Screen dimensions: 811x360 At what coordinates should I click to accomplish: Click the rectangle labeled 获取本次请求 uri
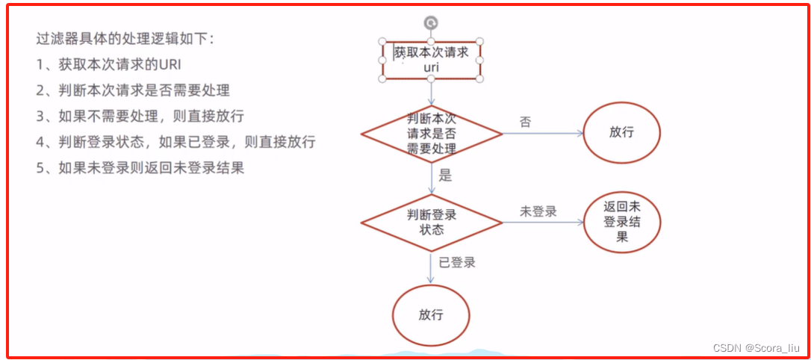pyautogui.click(x=431, y=60)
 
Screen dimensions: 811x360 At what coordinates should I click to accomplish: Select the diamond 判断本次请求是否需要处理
pyautogui.click(x=432, y=134)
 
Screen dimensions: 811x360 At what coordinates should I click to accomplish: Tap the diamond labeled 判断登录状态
pyautogui.click(x=432, y=222)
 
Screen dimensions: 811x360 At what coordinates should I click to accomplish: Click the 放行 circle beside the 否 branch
pyautogui.click(x=621, y=132)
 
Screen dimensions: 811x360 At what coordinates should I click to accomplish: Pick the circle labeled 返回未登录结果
pyautogui.click(x=622, y=222)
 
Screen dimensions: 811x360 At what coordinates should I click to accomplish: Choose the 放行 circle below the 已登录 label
pyautogui.click(x=431, y=314)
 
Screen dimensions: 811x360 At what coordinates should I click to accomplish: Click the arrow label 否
pyautogui.click(x=526, y=122)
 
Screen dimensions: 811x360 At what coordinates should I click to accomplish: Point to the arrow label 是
pyautogui.click(x=446, y=176)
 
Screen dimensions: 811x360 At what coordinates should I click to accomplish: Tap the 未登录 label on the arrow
pyautogui.click(x=538, y=211)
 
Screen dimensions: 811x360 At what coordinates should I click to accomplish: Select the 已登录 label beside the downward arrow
pyautogui.click(x=457, y=262)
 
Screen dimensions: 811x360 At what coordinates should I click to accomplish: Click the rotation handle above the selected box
pyautogui.click(x=431, y=23)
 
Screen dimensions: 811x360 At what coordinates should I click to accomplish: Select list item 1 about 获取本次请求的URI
pyautogui.click(x=109, y=64)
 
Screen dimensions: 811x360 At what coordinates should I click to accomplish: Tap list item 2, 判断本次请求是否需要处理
pyautogui.click(x=133, y=90)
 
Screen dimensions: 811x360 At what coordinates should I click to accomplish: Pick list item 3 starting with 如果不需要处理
pyautogui.click(x=140, y=117)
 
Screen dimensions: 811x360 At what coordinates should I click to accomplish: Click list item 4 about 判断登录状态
pyautogui.click(x=175, y=142)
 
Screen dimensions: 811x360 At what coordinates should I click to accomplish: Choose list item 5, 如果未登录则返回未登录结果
pyautogui.click(x=140, y=168)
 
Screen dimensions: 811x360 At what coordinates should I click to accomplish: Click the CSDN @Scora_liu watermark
pyautogui.click(x=756, y=348)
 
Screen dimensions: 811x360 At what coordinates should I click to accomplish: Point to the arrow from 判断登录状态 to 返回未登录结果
pyautogui.click(x=541, y=223)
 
